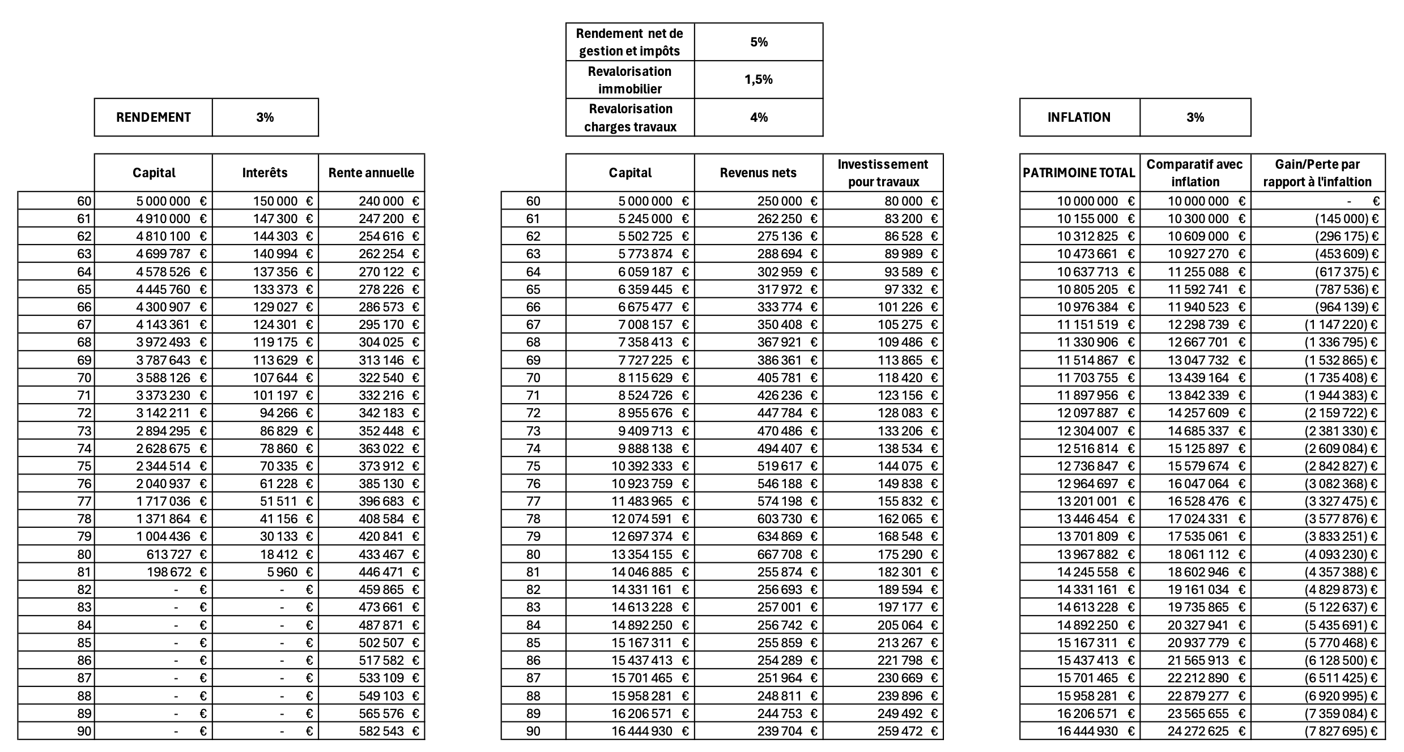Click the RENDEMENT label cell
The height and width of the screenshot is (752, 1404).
point(153,117)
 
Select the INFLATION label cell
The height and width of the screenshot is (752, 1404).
point(1079,117)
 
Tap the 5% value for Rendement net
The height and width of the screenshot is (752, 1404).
point(758,42)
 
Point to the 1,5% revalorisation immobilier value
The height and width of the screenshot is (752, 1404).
point(758,80)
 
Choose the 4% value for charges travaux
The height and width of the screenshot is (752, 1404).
point(758,117)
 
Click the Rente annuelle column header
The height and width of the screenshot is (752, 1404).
point(371,173)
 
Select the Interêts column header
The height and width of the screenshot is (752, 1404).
point(265,173)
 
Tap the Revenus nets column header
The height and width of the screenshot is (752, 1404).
point(758,173)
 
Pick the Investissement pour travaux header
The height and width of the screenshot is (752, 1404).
point(883,173)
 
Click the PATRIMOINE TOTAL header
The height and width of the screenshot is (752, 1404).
point(1079,173)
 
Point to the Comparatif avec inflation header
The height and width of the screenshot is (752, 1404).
point(1195,173)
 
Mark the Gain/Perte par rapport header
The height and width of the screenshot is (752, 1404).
point(1317,173)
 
